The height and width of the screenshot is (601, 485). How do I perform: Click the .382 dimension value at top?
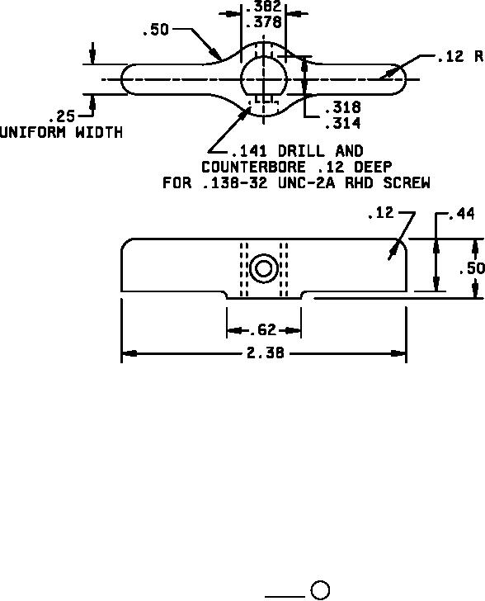point(263,6)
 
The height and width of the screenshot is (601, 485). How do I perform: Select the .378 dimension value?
point(263,21)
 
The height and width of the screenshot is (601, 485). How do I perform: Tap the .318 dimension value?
point(343,107)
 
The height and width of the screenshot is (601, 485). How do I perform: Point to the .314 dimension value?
point(343,123)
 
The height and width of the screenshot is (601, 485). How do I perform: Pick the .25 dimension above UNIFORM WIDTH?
point(63,116)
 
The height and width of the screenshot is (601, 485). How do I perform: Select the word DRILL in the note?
point(301,151)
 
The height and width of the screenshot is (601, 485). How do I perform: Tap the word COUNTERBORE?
point(253,167)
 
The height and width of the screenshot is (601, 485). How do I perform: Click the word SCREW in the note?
point(407,182)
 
